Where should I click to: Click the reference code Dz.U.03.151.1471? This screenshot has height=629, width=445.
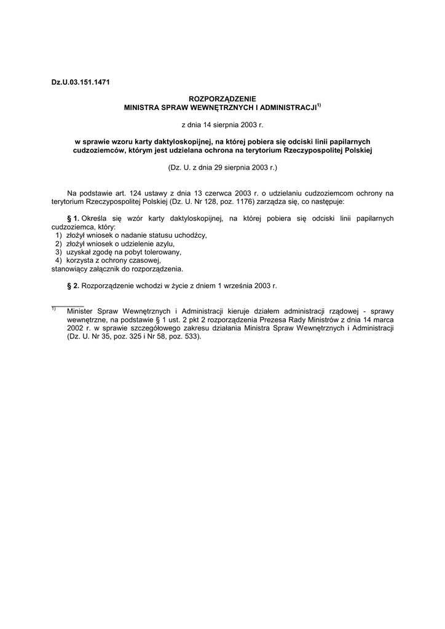[x=80, y=82]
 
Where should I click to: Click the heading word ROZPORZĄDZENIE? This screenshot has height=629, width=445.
[x=222, y=98]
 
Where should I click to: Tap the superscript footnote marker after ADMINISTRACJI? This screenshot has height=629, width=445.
[x=319, y=104]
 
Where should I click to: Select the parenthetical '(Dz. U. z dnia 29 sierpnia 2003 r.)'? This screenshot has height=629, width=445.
[x=222, y=167]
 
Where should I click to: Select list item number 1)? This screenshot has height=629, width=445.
[x=58, y=235]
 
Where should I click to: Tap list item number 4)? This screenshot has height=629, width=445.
[x=58, y=260]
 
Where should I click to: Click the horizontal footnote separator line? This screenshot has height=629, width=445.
[x=67, y=305]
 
